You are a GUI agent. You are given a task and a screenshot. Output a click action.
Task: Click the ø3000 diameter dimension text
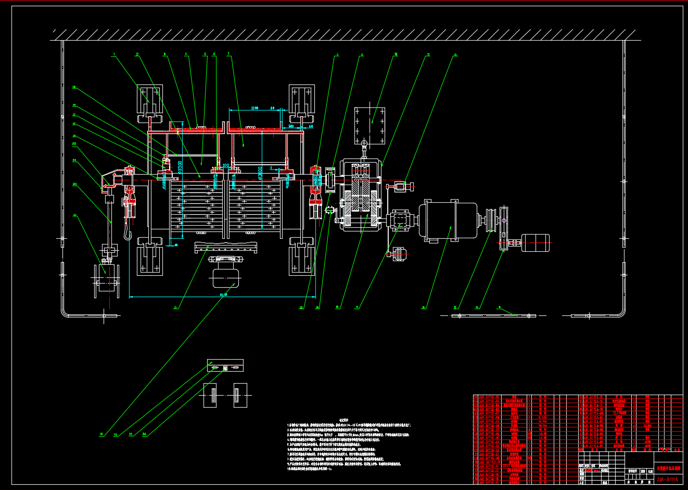point(259,171)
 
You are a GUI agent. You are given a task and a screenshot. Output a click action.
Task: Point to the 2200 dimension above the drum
point(254,108)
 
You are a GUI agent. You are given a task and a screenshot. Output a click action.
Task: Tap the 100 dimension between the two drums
point(226,165)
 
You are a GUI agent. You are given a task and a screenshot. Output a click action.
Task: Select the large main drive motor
point(448,220)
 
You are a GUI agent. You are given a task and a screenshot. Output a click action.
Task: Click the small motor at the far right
point(535,243)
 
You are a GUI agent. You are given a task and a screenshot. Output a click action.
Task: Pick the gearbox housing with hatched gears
point(361,194)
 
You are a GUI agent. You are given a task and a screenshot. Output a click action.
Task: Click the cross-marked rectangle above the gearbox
point(370,125)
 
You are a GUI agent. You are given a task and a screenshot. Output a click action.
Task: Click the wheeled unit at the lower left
point(107,281)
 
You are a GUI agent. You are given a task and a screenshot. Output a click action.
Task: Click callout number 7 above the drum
point(227,53)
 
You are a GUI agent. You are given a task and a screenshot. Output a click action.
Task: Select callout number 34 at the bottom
point(144,434)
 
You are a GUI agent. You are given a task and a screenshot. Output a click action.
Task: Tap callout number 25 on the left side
point(74,143)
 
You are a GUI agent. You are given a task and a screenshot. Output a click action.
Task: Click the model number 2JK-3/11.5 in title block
point(668,479)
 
